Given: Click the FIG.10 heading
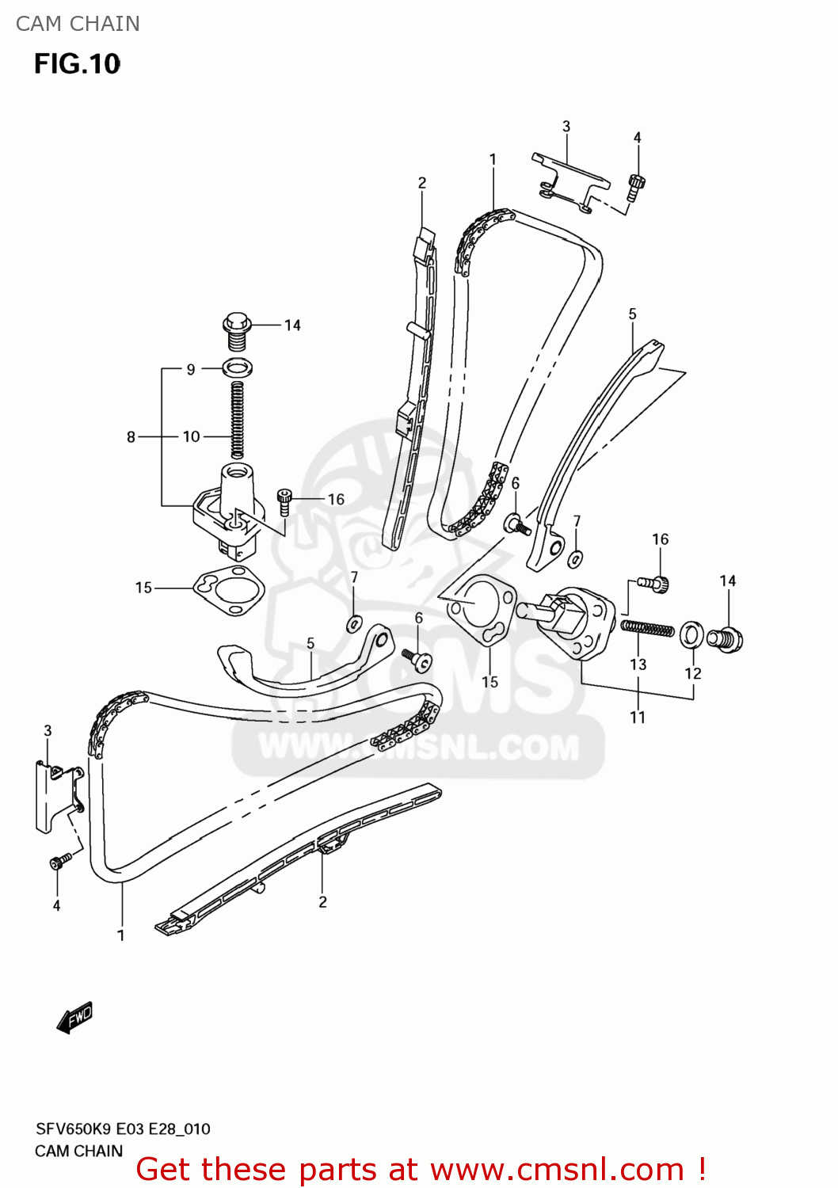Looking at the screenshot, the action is pyautogui.click(x=77, y=64).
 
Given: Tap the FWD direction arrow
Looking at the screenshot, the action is pyautogui.click(x=75, y=1019).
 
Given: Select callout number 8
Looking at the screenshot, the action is pyautogui.click(x=131, y=436).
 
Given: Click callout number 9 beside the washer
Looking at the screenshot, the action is pyautogui.click(x=191, y=369).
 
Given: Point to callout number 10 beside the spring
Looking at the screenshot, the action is pyautogui.click(x=191, y=436).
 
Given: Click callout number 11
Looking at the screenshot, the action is pyautogui.click(x=638, y=718).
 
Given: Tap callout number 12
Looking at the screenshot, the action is pyautogui.click(x=693, y=673).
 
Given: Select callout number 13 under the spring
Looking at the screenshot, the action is pyautogui.click(x=638, y=664).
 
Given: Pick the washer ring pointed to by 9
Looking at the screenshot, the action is pyautogui.click(x=238, y=367).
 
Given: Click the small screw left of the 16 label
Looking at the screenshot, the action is pyautogui.click(x=285, y=501).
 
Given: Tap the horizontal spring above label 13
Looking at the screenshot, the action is pyautogui.click(x=647, y=628).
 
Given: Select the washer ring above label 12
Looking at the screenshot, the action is pyautogui.click(x=691, y=634).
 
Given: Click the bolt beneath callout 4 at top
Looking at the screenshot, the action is pyautogui.click(x=636, y=187).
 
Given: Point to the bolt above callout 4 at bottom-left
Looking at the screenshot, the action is pyautogui.click(x=59, y=861).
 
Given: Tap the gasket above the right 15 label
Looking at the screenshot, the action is pyautogui.click(x=482, y=612).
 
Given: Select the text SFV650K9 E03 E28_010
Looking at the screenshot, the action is pyautogui.click(x=123, y=1129).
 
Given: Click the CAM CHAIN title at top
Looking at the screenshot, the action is pyautogui.click(x=78, y=24).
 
